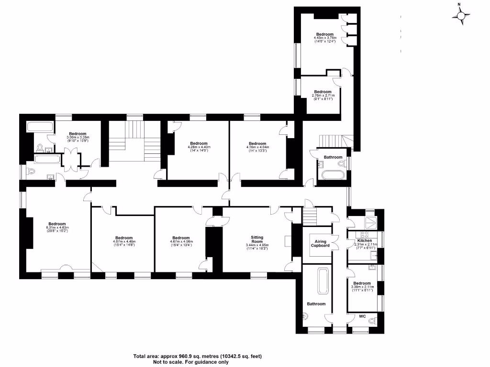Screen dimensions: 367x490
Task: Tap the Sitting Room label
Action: (x=257, y=237)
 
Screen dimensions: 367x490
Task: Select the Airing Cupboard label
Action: (x=320, y=243)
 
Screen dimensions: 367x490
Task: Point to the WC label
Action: (x=363, y=315)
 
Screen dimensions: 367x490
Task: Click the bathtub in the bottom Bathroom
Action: (x=323, y=281)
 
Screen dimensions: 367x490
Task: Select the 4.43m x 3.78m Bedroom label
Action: (x=324, y=34)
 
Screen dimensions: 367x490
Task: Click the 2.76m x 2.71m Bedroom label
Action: (x=323, y=92)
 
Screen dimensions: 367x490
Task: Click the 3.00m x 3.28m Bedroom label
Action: (x=77, y=134)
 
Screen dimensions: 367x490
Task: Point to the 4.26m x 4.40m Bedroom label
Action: (x=199, y=143)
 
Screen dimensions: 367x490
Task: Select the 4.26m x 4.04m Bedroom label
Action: (x=257, y=143)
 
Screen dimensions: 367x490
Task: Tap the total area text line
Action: (x=197, y=356)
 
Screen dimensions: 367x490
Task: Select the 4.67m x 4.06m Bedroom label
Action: (x=181, y=238)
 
